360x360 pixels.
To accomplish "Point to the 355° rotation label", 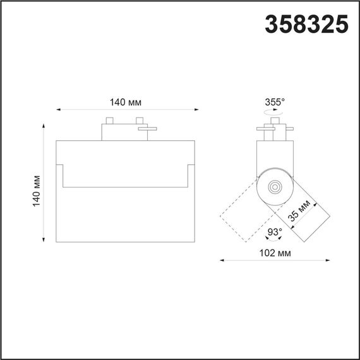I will tap(275, 101).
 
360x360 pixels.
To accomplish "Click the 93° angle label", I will tap(273, 232).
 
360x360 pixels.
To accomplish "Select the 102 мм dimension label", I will tap(275, 252).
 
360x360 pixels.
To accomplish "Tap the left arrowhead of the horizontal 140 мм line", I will tap(59, 111).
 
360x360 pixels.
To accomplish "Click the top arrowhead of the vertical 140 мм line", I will tap(44, 126).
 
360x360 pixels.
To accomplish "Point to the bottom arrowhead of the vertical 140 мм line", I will tap(44, 239).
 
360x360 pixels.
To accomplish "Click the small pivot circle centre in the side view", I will tap(275, 186).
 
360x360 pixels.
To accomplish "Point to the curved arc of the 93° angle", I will tap(273, 241).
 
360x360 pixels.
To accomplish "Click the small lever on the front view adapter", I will tap(149, 129).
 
